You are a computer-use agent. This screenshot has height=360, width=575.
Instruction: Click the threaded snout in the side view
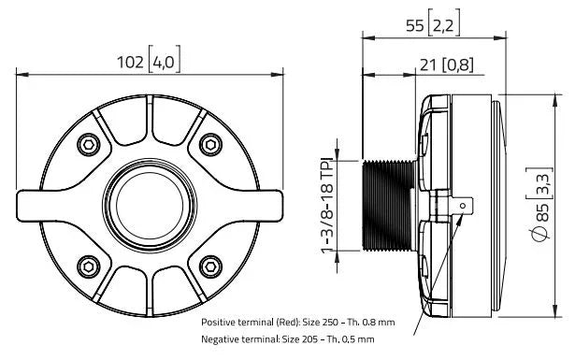coord(389,204)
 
